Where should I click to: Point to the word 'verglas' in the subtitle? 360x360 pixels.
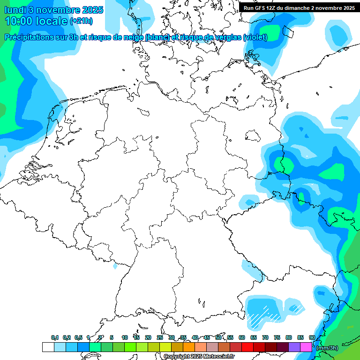(x=225, y=37)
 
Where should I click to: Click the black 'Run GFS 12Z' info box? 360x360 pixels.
(x=299, y=7)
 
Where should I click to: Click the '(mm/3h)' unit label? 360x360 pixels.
(x=327, y=347)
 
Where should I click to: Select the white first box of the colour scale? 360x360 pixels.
(x=48, y=347)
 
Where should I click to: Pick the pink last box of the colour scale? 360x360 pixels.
(x=306, y=347)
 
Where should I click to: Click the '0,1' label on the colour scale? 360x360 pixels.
(x=55, y=337)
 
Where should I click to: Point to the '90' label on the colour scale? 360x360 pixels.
(x=312, y=337)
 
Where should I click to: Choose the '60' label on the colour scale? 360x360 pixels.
(x=242, y=337)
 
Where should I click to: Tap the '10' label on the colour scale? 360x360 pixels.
(x=125, y=337)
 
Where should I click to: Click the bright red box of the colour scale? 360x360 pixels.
(x=247, y=347)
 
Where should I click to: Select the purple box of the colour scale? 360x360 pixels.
(x=294, y=347)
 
